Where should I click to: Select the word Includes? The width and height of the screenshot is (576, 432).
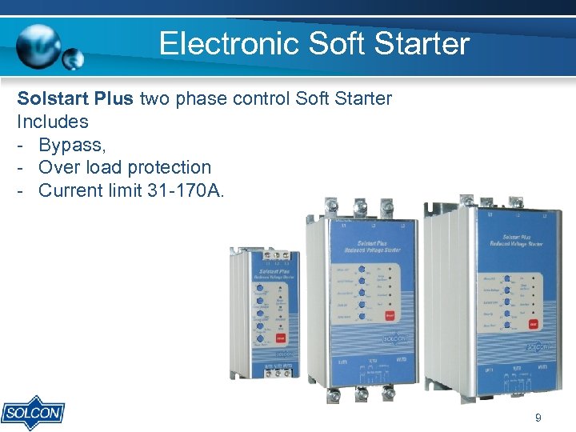click(x=53, y=122)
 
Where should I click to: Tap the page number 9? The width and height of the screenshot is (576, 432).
click(x=538, y=418)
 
